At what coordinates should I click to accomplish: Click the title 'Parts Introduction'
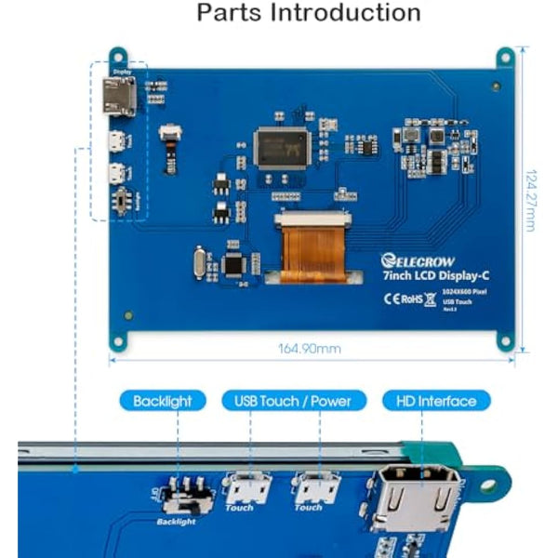coord(309,14)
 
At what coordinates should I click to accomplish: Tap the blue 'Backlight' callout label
coord(162,401)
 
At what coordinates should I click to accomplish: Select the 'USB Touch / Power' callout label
coord(286,401)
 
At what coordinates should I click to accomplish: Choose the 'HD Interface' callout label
coord(435,401)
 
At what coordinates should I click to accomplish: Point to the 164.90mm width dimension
coord(310,349)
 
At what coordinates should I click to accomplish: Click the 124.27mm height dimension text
coord(530,199)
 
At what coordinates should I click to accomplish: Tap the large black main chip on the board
coord(281,146)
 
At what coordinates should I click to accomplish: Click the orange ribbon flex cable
coord(312,246)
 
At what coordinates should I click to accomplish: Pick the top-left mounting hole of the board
coord(117,57)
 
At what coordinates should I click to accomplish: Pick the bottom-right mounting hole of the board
coord(505,341)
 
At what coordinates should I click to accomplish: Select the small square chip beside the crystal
coord(234,264)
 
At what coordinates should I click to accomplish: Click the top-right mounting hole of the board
coord(505,56)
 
